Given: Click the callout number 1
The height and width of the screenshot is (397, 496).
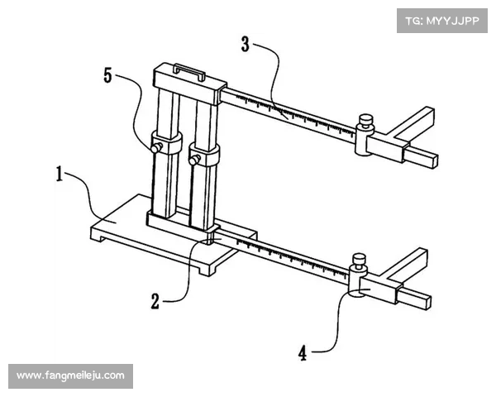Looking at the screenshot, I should pos(60,175).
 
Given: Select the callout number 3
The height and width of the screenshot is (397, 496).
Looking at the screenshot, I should pos(246,44).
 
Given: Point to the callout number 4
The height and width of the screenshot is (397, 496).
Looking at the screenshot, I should pos(303,353).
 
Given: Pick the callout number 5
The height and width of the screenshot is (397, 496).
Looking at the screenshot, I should pos(107,75).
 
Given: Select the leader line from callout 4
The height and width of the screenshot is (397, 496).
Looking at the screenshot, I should pos(332,327).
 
